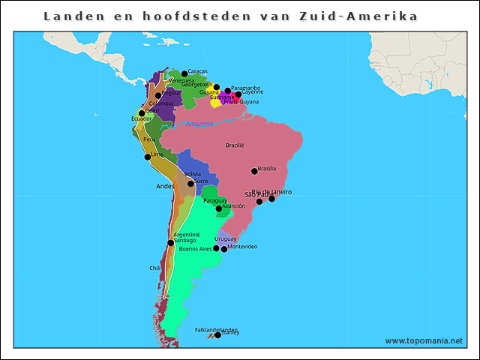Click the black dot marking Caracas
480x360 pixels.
pyautogui.click(x=184, y=73)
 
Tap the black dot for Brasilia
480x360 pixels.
pyautogui.click(x=254, y=171)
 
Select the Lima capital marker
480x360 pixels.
pyautogui.click(x=148, y=157)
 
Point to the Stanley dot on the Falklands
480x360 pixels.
pyautogui.click(x=217, y=335)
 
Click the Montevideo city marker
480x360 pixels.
pyautogui.click(x=223, y=249)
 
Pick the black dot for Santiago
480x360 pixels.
pyautogui.click(x=171, y=242)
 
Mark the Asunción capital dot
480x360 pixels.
pyautogui.click(x=218, y=208)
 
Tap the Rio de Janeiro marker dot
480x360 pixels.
pyautogui.click(x=271, y=199)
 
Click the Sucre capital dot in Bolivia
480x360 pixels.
pyautogui.click(x=190, y=184)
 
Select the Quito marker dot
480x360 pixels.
pyautogui.click(x=142, y=113)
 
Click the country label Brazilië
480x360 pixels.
pyautogui.click(x=235, y=145)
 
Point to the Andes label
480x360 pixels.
pyautogui.click(x=164, y=186)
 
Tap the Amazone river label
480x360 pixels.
pyautogui.click(x=199, y=124)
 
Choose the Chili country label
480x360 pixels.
pyautogui.click(x=154, y=268)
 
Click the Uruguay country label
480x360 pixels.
pyautogui.click(x=226, y=238)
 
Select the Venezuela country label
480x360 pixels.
pyautogui.click(x=181, y=80)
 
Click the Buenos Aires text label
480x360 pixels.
pyautogui.click(x=195, y=249)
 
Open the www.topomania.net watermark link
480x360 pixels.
pyautogui.click(x=424, y=340)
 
